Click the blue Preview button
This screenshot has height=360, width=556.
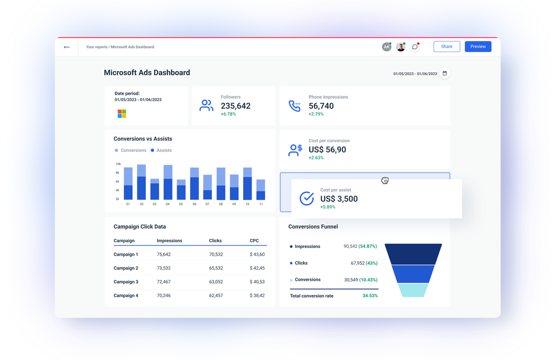[478, 47]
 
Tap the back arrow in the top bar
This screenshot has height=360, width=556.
[67, 47]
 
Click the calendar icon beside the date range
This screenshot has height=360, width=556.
[444, 73]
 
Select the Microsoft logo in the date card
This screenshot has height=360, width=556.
[122, 114]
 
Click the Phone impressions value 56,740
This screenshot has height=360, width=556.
[321, 106]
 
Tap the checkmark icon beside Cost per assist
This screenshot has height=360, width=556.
[307, 199]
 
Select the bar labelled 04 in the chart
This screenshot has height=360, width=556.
[168, 183]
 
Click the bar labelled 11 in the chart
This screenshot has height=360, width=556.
[261, 190]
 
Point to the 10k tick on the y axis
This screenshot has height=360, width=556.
[118, 164]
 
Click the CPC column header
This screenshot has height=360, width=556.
[254, 241]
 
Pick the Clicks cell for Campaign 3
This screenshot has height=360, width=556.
[216, 282]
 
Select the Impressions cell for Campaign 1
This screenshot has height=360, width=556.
[164, 255]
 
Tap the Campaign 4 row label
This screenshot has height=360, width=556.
[126, 296]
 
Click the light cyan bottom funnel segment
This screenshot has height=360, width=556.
[413, 290]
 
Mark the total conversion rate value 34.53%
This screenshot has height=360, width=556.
[370, 296]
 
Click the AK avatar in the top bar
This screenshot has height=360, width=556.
[386, 47]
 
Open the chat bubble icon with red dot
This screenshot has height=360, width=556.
[415, 47]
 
